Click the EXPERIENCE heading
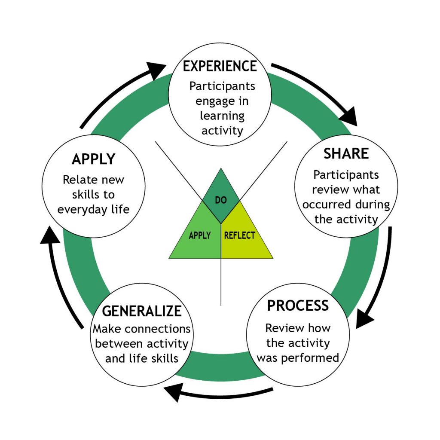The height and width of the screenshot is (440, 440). pos(220,66)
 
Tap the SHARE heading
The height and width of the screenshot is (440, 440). pos(346,153)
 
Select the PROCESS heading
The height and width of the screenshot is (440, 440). pos(297,306)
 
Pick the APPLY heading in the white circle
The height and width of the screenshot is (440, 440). pos(94,159)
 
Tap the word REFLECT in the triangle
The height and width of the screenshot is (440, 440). pos(239,235)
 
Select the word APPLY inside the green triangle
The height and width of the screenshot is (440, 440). pos(200,235)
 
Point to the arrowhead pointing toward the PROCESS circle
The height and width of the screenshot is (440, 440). pos(365,318)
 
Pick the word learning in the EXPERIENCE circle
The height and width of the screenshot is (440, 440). pos(222,116)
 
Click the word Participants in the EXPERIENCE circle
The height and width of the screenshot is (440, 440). pos(222,86)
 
